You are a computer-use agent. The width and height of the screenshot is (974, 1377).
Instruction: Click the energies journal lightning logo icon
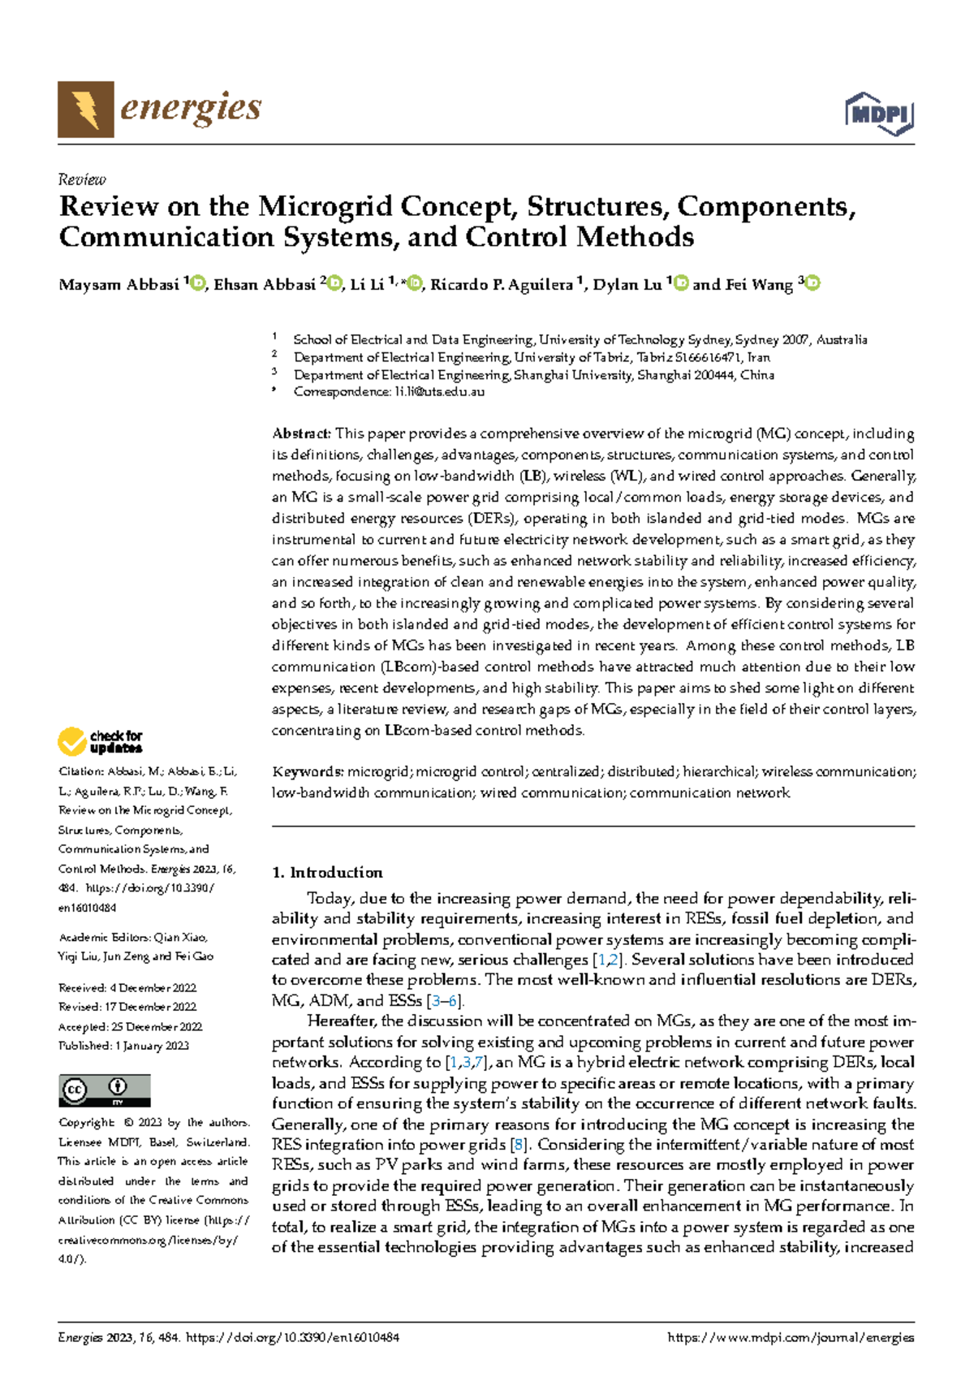(x=85, y=109)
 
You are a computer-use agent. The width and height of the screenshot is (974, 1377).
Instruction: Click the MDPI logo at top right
(x=880, y=114)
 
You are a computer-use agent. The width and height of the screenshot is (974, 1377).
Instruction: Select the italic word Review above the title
(x=82, y=179)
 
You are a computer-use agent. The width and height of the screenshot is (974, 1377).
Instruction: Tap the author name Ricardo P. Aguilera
(x=501, y=285)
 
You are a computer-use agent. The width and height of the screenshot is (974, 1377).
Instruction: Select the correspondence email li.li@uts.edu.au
(x=439, y=391)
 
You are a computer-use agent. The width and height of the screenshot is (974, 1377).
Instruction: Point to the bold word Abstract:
(x=301, y=434)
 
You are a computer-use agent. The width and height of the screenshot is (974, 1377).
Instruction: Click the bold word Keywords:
(x=308, y=771)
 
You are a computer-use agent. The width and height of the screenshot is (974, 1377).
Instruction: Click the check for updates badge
(x=100, y=741)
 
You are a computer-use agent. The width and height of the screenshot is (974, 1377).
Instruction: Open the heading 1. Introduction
(x=326, y=873)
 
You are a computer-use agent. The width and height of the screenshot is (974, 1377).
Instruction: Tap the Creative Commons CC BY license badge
(x=104, y=1090)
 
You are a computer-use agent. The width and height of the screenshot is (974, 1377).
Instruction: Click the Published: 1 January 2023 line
(x=123, y=1046)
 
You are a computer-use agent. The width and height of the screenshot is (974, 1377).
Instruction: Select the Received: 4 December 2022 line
(x=127, y=988)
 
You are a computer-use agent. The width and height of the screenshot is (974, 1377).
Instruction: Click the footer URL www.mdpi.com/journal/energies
(x=790, y=1337)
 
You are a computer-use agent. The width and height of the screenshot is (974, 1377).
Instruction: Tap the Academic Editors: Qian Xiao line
(x=132, y=937)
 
